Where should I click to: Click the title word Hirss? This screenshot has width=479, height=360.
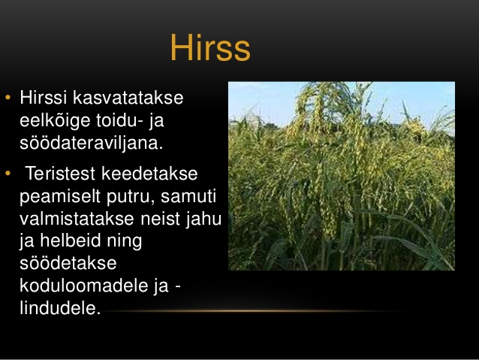click(x=210, y=47)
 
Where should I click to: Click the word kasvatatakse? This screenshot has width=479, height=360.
click(x=128, y=98)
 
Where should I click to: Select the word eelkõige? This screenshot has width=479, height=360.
click(x=55, y=120)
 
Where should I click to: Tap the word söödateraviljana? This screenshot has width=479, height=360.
click(x=92, y=143)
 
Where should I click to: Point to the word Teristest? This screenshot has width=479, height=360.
click(x=60, y=174)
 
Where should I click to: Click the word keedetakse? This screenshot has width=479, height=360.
click(x=149, y=174)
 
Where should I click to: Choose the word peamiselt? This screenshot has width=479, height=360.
click(x=60, y=196)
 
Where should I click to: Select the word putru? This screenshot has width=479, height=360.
click(x=131, y=197)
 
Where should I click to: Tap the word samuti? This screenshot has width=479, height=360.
click(x=188, y=196)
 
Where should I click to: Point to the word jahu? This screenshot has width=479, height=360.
click(x=203, y=219)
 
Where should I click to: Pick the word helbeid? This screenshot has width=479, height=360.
click(x=71, y=241)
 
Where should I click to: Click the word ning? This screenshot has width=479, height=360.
click(x=125, y=242)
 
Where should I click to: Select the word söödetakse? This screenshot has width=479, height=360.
click(x=68, y=263)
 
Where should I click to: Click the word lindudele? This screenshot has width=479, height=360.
click(x=60, y=307)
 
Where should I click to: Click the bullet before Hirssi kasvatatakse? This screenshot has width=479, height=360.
click(x=8, y=98)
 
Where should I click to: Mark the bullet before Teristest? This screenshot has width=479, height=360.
click(x=8, y=174)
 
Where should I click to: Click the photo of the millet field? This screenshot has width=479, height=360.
click(x=342, y=176)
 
